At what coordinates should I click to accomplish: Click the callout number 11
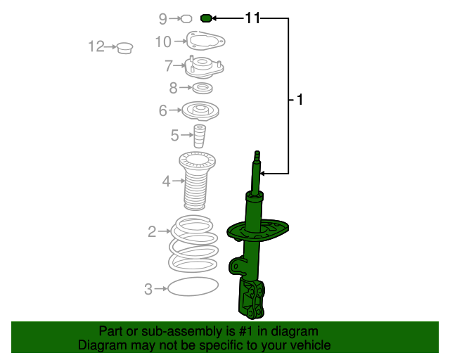click(x=252, y=18)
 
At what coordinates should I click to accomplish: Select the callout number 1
click(x=300, y=101)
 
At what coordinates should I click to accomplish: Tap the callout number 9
click(x=163, y=18)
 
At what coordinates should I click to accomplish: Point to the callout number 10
click(x=162, y=42)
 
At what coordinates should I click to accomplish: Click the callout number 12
click(x=96, y=47)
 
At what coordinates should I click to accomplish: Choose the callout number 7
click(x=169, y=66)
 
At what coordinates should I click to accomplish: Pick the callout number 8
click(x=174, y=88)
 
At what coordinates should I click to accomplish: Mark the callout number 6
click(x=162, y=110)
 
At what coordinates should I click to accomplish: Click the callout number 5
click(x=174, y=135)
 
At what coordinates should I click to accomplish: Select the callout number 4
click(x=166, y=182)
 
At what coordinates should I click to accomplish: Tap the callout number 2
click(x=152, y=231)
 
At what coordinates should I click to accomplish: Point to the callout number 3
click(x=148, y=288)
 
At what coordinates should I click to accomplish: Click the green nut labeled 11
click(x=207, y=18)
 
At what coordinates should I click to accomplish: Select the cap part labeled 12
click(x=125, y=48)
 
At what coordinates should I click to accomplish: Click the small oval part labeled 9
click(x=186, y=18)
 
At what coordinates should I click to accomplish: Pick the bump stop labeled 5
click(x=200, y=136)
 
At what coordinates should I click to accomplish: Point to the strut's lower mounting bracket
click(x=252, y=300)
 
